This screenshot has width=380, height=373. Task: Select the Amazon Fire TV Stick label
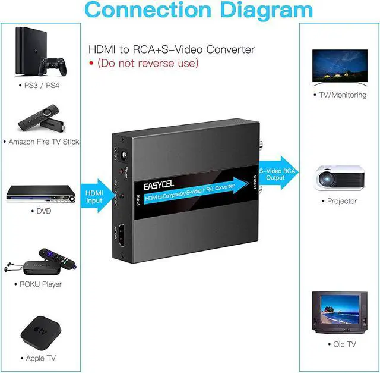[43, 142]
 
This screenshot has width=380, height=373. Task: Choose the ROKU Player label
[41, 284]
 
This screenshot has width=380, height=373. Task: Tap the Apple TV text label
[41, 358]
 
